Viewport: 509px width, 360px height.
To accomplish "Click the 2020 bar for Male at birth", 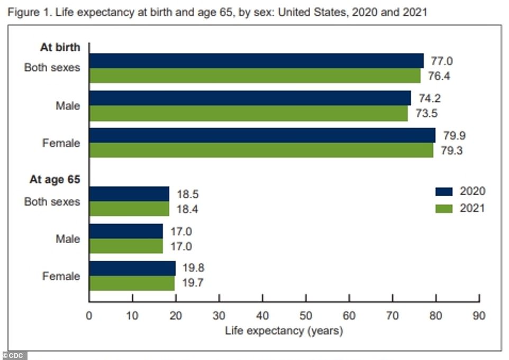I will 250,98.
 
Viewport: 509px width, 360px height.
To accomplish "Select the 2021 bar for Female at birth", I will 261,151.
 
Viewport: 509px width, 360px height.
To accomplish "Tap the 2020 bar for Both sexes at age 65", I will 129,193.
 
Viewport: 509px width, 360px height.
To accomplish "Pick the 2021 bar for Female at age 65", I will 132,283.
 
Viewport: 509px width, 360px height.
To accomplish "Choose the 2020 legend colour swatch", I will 444,191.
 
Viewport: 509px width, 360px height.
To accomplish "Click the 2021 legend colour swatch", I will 444,208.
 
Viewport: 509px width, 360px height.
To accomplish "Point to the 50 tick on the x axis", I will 305,316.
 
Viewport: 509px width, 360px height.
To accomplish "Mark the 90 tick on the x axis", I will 479,316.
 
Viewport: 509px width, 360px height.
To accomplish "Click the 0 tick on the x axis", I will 89,316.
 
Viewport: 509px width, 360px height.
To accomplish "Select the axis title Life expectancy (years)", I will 284,331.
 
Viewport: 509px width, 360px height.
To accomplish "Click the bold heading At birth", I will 60,47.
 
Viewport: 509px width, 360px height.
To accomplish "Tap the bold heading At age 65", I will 54,180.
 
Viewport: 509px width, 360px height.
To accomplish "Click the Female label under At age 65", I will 61,276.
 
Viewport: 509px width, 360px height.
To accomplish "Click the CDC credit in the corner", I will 14,355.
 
